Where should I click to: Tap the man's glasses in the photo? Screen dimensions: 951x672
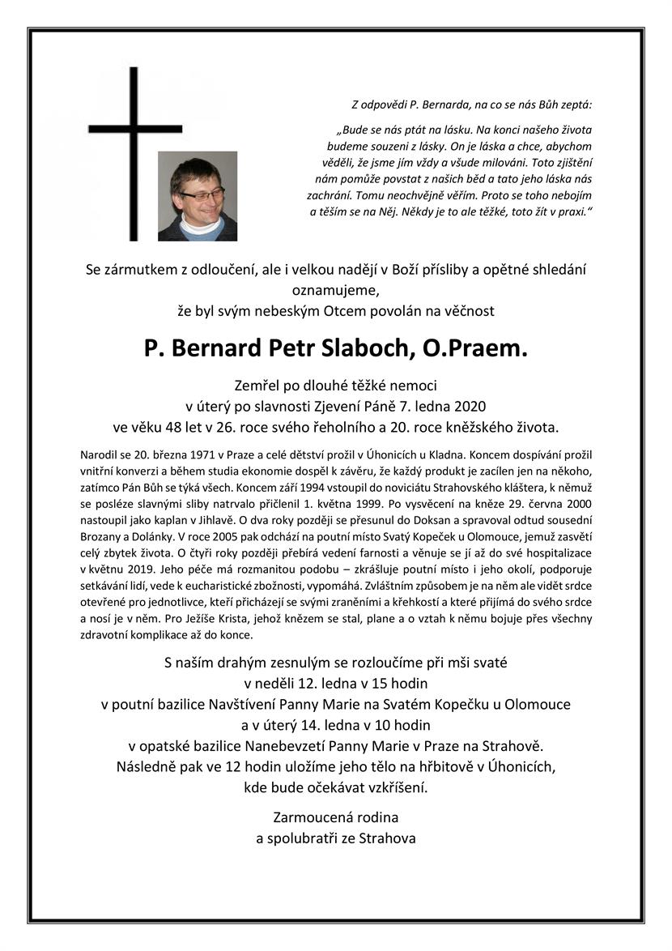[200, 194]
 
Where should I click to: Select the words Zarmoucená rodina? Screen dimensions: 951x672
[336, 817]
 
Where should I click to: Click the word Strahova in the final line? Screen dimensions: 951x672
[386, 838]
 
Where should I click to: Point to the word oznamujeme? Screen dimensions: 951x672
[335, 290]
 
